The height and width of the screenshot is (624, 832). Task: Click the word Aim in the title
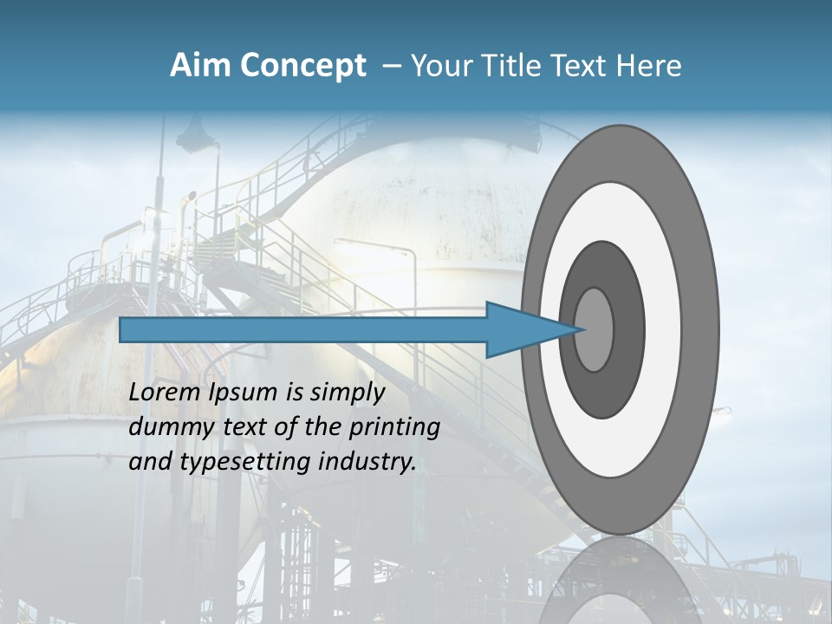(x=201, y=66)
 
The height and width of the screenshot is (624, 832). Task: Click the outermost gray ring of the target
(x=702, y=329)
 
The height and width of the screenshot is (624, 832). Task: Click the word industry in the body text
(x=367, y=463)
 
